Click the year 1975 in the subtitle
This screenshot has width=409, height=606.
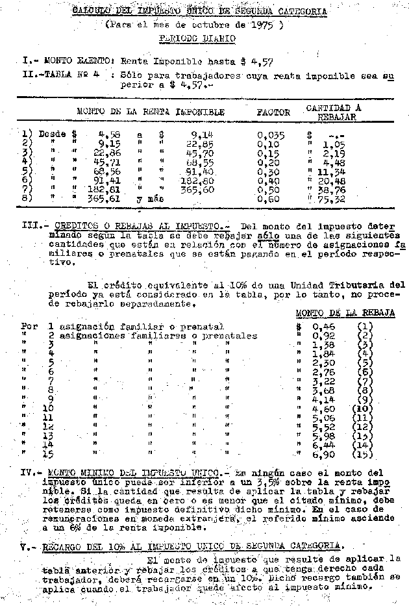coord(264,25)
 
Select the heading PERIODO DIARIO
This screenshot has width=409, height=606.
coord(197,38)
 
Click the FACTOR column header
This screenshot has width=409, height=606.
coord(273,112)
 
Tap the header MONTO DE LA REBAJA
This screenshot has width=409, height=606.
coord(345,312)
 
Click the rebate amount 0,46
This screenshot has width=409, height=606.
coord(323,326)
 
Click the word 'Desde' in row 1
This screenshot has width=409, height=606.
coord(53,134)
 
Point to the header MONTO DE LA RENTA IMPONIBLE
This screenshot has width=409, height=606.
coord(151,112)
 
